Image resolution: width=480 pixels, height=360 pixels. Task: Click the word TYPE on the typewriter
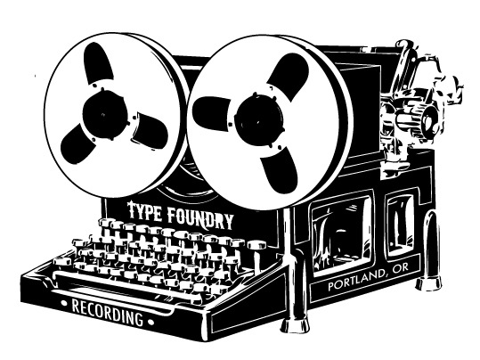144,211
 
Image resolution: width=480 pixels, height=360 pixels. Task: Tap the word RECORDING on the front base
107,313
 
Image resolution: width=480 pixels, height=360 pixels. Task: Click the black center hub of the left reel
104,114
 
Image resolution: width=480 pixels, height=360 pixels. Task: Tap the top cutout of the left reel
98,62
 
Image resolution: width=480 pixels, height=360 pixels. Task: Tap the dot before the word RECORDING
64,304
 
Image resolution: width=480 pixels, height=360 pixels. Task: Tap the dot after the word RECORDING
150,323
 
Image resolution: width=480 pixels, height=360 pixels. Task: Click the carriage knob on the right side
430,119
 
